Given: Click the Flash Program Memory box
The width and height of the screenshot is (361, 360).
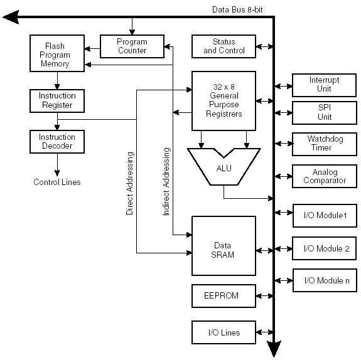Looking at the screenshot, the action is (x=57, y=53).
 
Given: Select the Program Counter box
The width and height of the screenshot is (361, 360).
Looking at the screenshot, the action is (x=132, y=46).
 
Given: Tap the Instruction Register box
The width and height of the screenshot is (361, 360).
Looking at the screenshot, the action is (x=57, y=101).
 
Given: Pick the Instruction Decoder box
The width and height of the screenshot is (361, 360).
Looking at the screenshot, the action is (x=57, y=142).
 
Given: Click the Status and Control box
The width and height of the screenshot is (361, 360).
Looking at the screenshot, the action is (x=224, y=46).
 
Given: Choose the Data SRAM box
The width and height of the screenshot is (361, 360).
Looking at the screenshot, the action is (x=224, y=246).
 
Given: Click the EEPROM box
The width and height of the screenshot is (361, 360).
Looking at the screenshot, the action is (x=224, y=296).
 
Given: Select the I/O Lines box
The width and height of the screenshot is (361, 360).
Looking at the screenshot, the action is (x=224, y=332).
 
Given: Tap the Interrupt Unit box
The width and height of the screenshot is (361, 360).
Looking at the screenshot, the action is (x=324, y=85).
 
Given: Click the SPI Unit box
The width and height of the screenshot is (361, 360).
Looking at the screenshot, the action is (x=325, y=113).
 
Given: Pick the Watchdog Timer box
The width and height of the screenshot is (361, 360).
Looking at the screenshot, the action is (x=325, y=144).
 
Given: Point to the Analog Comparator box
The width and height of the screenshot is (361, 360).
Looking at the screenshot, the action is (x=325, y=176).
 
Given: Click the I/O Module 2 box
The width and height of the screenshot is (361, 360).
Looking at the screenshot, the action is (x=324, y=248).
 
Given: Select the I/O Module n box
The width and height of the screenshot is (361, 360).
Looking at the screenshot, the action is (x=325, y=280).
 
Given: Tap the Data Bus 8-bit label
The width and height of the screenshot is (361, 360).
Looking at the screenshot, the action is (x=237, y=9).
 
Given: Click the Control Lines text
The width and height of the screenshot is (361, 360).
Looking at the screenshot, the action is (x=57, y=182).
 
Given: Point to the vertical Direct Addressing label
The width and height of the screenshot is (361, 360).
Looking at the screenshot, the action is (x=129, y=183).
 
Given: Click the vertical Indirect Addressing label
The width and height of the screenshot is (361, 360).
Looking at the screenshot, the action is (x=166, y=181).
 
